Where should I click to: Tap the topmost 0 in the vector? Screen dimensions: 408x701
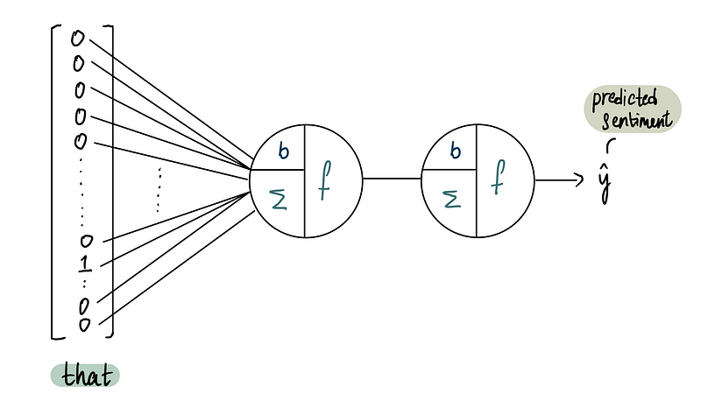(x=78, y=39)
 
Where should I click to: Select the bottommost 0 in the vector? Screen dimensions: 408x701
(x=85, y=325)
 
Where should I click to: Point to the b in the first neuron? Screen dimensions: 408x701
(x=282, y=150)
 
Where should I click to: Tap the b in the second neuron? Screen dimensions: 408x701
(x=455, y=150)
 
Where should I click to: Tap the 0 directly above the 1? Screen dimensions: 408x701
(x=85, y=241)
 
